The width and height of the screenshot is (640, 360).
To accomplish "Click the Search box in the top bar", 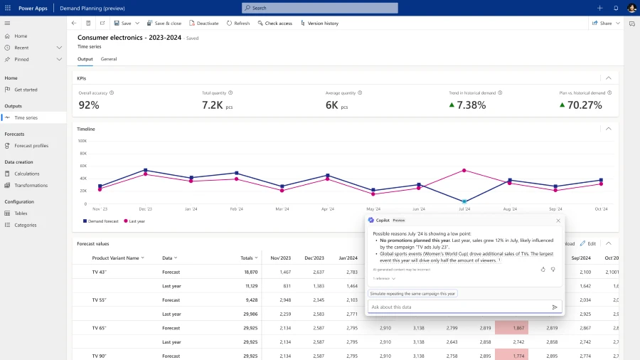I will tap(320, 8).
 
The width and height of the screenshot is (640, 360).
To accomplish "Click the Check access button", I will tap(278, 23).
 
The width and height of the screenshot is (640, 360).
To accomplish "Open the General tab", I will tap(109, 59).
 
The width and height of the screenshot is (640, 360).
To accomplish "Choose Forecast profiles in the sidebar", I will tap(31, 146).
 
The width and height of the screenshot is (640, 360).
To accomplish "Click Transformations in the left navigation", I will tap(31, 185).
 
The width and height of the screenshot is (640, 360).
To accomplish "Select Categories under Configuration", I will tap(25, 225).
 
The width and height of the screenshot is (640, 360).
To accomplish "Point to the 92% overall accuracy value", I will tap(89, 105).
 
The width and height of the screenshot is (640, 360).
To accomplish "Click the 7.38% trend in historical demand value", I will tap(471, 105).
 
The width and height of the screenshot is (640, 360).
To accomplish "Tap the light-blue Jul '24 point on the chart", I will tap(464, 202).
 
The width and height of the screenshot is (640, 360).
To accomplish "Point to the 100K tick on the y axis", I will tap(82, 141).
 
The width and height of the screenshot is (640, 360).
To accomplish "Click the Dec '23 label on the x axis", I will tap(146, 209).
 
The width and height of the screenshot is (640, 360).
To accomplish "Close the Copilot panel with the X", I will tap(558, 221).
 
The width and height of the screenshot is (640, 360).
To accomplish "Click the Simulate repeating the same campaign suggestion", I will tap(412, 293).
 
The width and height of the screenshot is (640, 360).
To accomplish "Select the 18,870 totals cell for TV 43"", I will tap(250, 272).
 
